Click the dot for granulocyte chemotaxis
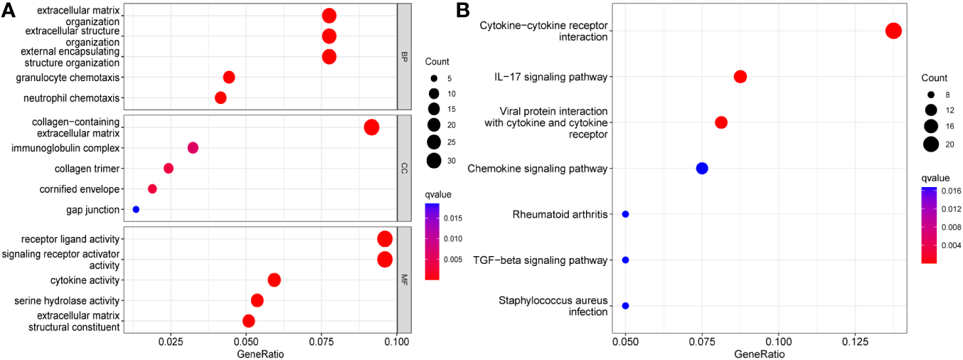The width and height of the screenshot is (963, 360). [x=229, y=77]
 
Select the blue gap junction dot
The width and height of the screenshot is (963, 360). [x=136, y=209]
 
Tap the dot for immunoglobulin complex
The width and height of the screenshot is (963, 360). [x=193, y=148]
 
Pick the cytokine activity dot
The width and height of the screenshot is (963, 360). [x=274, y=280]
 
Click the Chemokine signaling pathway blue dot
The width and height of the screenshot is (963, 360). [x=702, y=169]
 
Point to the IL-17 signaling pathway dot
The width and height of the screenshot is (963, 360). [x=740, y=77]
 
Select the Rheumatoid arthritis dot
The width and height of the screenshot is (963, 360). [x=625, y=214]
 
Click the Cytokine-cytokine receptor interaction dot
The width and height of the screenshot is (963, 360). [x=894, y=31]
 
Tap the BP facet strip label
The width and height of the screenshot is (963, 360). [x=404, y=56]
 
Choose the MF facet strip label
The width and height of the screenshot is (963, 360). [x=404, y=280]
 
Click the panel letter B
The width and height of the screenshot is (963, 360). [x=462, y=10]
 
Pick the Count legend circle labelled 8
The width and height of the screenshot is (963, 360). [x=928, y=94]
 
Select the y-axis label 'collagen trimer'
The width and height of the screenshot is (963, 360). [x=87, y=169]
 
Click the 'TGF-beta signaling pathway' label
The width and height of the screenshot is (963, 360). [x=540, y=260]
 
